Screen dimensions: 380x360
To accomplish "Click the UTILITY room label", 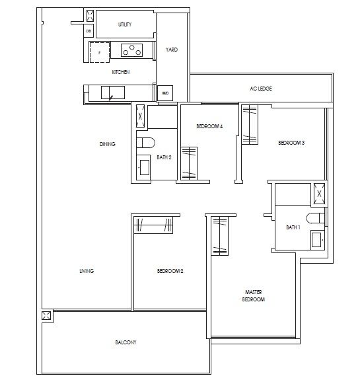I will (125, 24).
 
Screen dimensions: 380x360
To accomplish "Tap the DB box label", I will (89, 29).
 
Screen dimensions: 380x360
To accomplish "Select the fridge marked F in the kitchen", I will (100, 51).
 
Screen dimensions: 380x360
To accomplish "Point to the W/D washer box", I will (164, 93).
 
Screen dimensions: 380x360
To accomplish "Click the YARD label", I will (172, 50).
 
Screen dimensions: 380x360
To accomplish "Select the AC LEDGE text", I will (261, 88).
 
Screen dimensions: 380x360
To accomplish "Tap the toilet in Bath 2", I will (145, 141).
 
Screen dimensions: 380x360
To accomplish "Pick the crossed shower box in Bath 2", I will (139, 117).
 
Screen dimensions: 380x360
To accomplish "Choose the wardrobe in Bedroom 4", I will (190, 161).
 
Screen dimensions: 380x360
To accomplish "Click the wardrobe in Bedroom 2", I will (155, 225).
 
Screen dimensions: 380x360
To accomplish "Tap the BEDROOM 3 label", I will (291, 143).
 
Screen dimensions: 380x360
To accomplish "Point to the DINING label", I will (107, 144).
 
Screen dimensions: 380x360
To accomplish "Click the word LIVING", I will (86, 271).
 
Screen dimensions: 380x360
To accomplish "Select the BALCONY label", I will (126, 342).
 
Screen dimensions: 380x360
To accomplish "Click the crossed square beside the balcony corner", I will (46, 316).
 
